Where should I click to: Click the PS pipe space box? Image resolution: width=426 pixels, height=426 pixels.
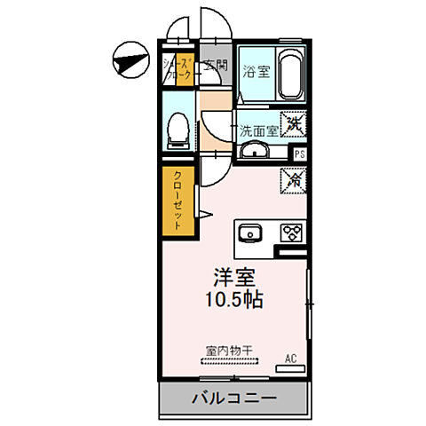pyautogui.click(x=300, y=153)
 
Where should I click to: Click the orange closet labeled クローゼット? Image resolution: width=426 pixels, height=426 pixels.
pyautogui.click(x=177, y=201)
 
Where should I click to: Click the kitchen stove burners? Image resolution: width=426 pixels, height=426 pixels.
pyautogui.click(x=291, y=234)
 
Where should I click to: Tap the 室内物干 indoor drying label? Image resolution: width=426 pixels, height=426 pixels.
pyautogui.click(x=229, y=350)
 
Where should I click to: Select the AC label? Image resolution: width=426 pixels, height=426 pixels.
pyautogui.click(x=290, y=359)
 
